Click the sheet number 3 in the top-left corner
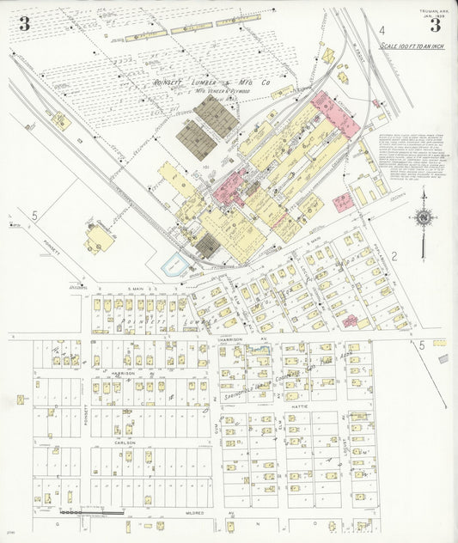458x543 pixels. [24, 24]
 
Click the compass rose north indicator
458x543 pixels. [422, 218]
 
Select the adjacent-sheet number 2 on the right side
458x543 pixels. [394, 255]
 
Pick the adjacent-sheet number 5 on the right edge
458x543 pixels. [422, 345]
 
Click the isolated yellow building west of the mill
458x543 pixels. [98, 238]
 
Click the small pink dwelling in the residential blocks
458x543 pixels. [350, 320]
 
